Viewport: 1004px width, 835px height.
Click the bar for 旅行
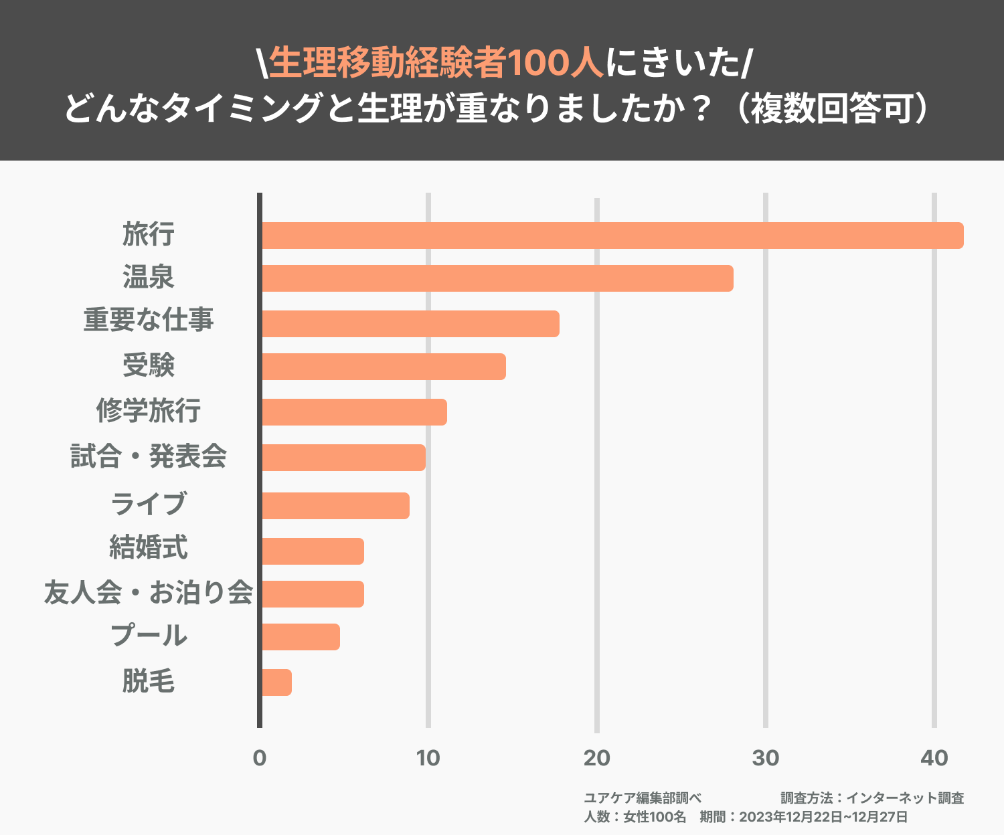pos(612,236)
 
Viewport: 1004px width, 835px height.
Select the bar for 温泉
pos(497,278)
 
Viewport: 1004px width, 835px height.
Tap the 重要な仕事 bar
pos(410,324)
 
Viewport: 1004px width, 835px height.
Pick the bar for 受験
pos(383,367)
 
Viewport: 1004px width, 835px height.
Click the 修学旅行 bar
pos(353,412)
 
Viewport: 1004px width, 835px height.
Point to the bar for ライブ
pos(335,506)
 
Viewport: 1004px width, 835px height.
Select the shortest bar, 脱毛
pos(276,682)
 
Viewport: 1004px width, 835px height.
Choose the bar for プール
pos(300,637)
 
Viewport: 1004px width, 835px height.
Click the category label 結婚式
pos(149,547)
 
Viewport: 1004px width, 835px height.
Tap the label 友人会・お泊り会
pos(149,593)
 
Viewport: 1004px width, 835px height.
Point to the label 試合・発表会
pos(149,456)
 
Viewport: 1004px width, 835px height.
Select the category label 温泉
pos(149,277)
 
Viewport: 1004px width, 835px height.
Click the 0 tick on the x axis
pos(260,758)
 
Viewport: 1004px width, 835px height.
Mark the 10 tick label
pos(428,758)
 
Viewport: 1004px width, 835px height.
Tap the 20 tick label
pos(597,758)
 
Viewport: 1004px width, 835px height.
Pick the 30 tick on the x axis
pos(766,758)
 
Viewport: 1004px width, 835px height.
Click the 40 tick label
pos(934,758)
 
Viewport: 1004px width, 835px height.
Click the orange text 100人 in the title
pos(556,64)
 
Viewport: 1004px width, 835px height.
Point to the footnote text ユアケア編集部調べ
pos(643,798)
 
